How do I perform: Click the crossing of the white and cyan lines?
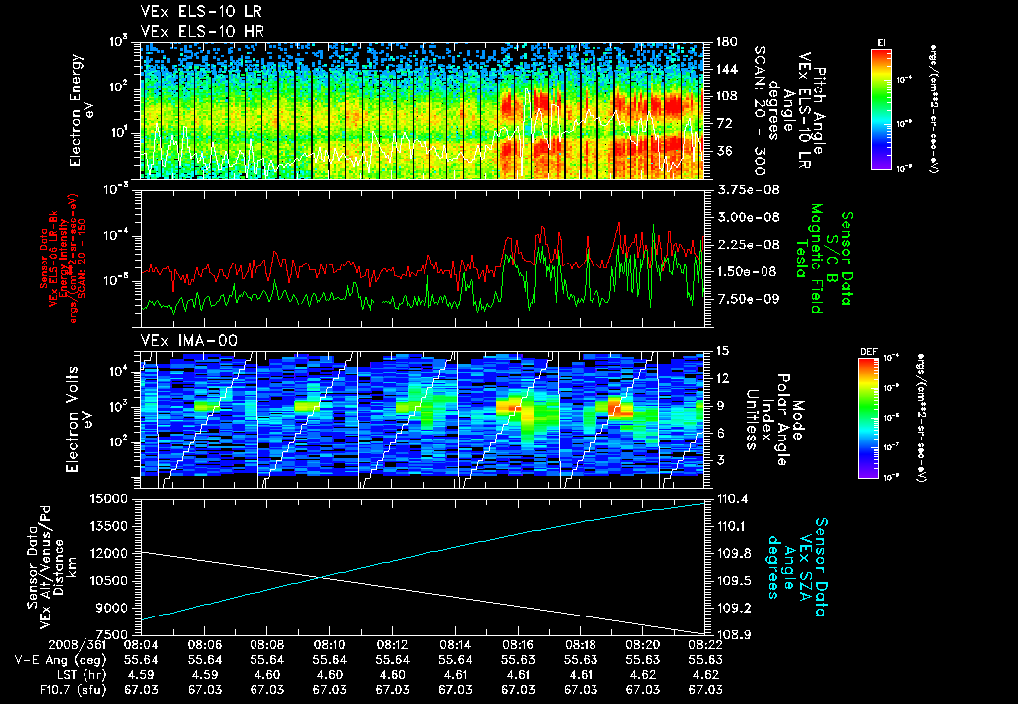324,578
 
